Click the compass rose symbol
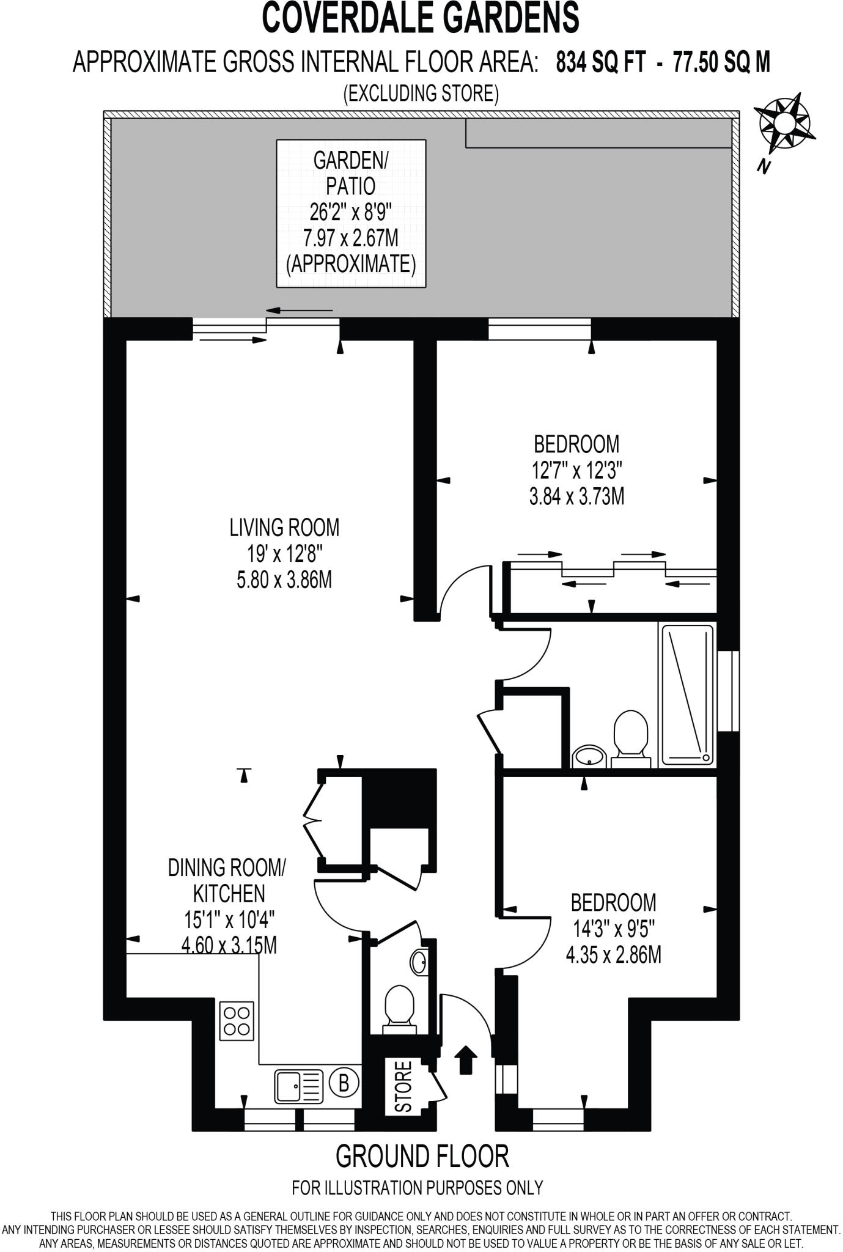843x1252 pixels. [785, 125]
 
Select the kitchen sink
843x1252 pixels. [299, 1084]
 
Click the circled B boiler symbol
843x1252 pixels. [344, 1083]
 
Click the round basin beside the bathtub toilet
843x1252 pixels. [589, 756]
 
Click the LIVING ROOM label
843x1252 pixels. [284, 527]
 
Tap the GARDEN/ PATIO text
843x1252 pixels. [350, 173]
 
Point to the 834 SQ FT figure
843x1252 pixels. [600, 62]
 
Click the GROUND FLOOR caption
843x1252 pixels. [422, 1156]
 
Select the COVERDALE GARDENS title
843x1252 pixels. [421, 18]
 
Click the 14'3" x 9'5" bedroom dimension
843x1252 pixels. [613, 929]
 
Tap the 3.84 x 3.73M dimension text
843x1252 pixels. [576, 497]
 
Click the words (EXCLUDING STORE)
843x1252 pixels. [421, 94]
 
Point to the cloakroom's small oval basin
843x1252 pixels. [419, 962]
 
